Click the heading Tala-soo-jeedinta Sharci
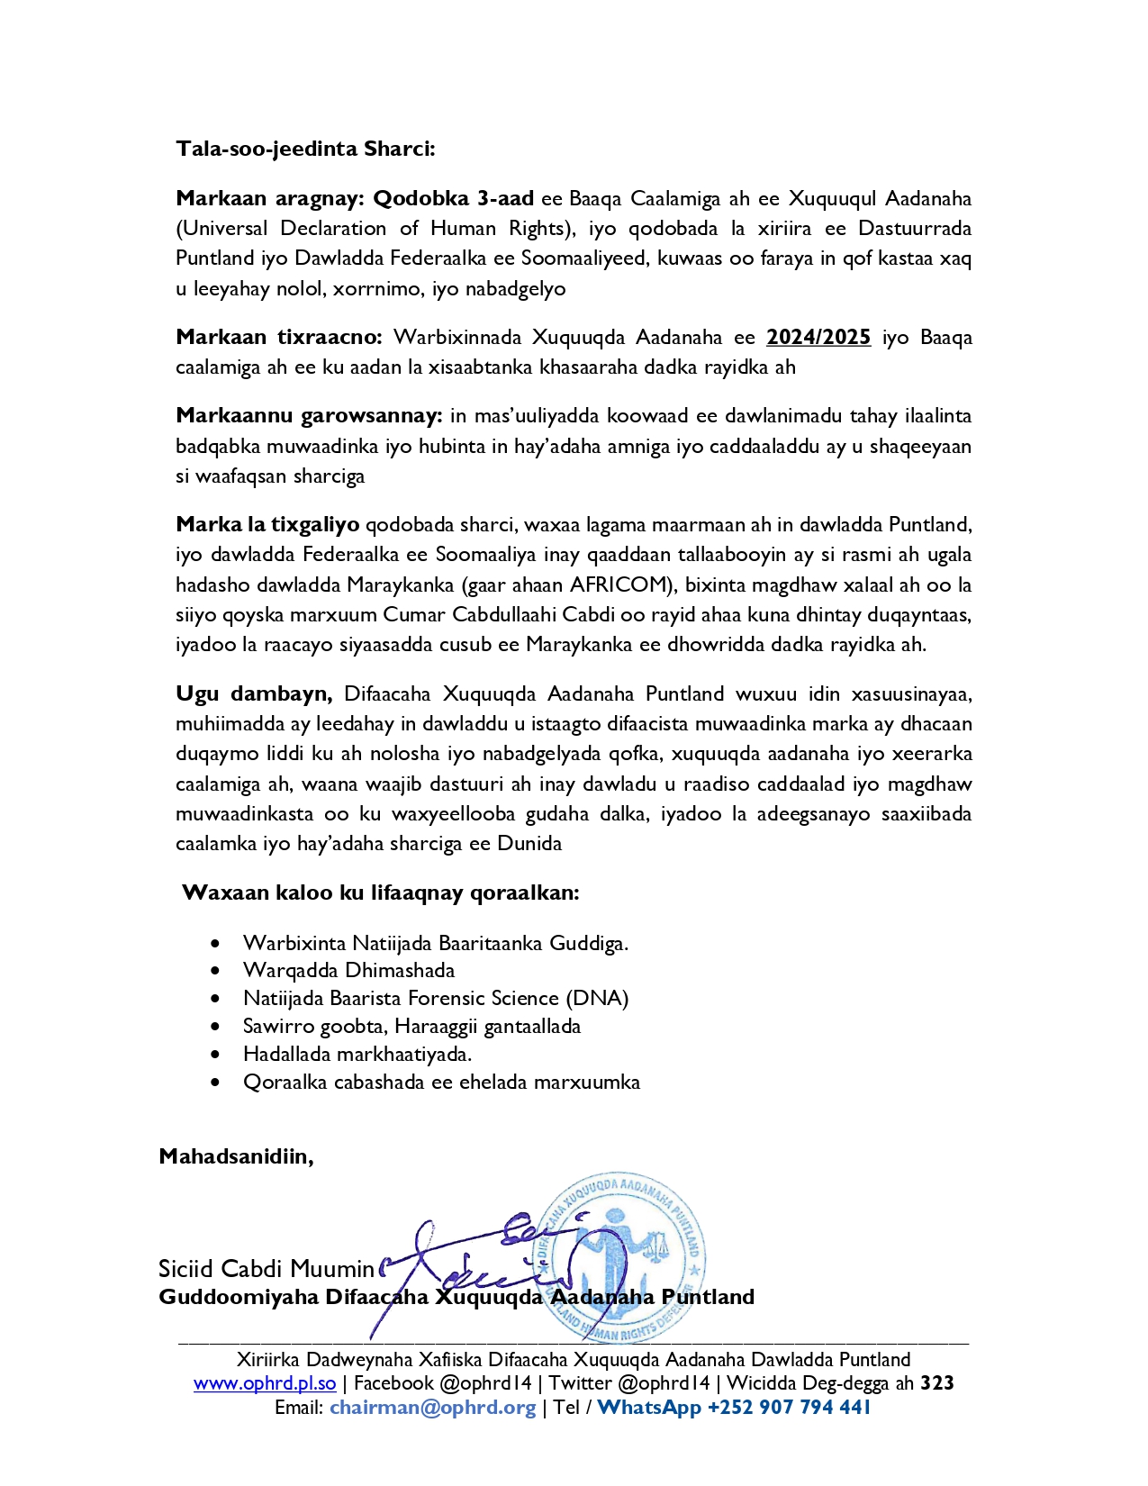(305, 149)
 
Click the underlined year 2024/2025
(818, 338)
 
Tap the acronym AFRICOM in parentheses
(618, 585)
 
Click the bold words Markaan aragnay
(268, 198)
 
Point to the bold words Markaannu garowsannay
(308, 416)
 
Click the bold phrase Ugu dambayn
(254, 694)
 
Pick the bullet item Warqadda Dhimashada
(348, 971)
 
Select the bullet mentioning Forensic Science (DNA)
(436, 999)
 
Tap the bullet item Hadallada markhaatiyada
(357, 1055)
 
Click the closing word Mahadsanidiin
(236, 1156)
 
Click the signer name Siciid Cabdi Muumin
(266, 1270)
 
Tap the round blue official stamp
(621, 1257)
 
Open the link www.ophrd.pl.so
(265, 1383)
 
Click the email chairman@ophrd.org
(432, 1408)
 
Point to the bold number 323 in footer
(936, 1383)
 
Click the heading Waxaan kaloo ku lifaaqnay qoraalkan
(380, 893)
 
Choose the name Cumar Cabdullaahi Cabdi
(504, 616)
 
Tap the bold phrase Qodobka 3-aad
(453, 198)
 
